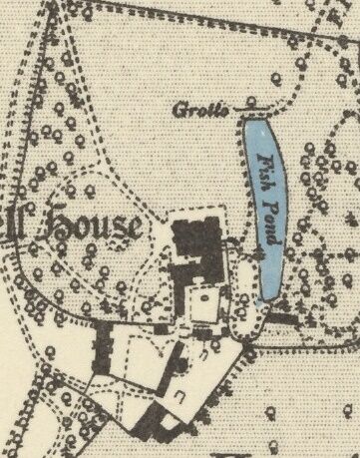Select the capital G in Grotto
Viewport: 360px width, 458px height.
tap(179, 108)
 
